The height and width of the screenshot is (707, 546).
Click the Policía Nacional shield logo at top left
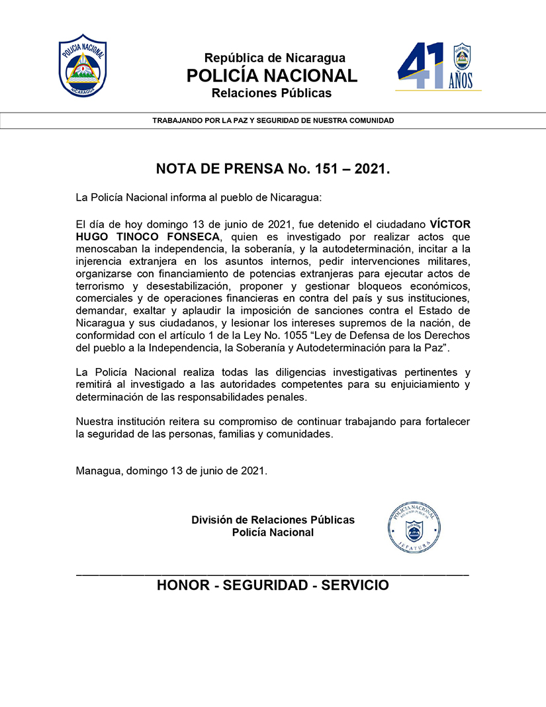pos(83,65)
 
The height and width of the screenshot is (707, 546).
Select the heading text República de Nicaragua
pos(275,58)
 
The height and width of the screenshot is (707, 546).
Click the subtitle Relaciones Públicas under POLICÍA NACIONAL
pos(271,93)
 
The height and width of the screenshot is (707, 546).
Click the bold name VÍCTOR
pos(450,224)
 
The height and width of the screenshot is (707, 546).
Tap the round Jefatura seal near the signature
pos(415,527)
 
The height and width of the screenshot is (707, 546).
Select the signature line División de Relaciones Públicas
pos(273,520)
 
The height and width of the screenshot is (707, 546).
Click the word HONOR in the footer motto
pos(186,585)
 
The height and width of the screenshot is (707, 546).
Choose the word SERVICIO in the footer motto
pos(355,585)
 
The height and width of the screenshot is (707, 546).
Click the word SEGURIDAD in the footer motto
pos(267,585)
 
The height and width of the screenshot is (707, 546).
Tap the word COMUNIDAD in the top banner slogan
pos(371,120)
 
